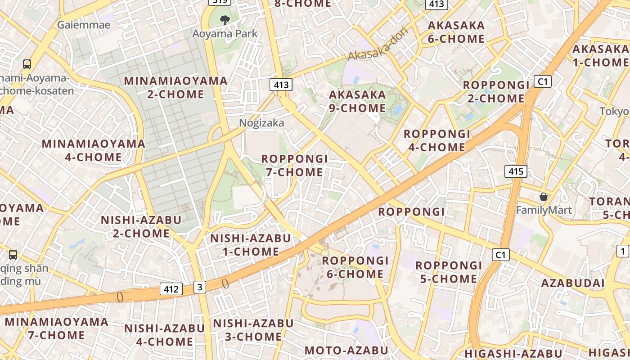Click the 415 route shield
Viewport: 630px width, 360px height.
(516, 171)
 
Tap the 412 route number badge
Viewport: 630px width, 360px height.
(171, 289)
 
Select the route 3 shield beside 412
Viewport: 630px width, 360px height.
(200, 287)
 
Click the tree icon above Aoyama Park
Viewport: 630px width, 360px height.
(225, 20)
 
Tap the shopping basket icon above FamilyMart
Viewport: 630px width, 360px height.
(544, 197)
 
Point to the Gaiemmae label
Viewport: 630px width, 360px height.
(83, 25)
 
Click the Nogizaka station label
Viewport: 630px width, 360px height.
(261, 123)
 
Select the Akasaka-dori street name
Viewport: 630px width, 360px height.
(378, 44)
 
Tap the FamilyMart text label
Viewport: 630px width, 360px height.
(544, 210)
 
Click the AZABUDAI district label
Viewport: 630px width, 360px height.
(573, 283)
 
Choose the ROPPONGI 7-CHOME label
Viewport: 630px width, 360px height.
(294, 166)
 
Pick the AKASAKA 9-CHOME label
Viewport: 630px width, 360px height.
(357, 101)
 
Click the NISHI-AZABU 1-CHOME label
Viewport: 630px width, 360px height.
(251, 245)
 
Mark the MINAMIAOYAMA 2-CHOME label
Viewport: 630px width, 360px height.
(175, 87)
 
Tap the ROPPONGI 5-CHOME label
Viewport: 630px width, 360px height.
(448, 272)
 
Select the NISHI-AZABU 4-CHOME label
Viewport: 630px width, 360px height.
(164, 335)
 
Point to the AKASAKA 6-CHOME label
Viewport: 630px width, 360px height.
(456, 32)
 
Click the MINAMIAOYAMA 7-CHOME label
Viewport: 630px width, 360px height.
(57, 328)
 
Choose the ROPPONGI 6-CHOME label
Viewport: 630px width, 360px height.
(355, 267)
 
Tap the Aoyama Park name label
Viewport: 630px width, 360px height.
(225, 34)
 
